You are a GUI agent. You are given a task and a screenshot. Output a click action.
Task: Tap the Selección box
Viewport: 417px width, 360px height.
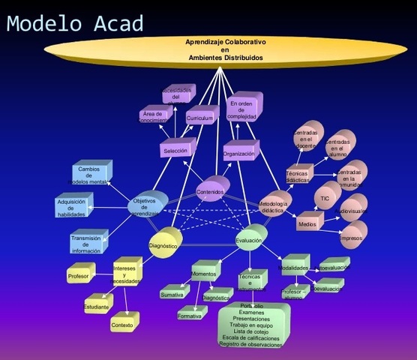174,151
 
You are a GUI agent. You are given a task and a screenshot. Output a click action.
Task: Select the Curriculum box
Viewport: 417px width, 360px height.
201,118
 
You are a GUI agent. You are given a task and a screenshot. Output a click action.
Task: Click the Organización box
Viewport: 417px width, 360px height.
239,154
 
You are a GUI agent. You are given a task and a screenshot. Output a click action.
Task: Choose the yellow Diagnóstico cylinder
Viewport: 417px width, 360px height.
163,245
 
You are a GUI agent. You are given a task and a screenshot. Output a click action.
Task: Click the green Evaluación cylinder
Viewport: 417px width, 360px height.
248,241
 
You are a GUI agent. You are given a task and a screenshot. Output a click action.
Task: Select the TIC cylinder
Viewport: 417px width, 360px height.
325,199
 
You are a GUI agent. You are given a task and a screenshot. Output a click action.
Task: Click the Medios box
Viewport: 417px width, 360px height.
307,223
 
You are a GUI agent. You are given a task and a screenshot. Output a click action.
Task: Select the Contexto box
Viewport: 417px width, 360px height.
121,325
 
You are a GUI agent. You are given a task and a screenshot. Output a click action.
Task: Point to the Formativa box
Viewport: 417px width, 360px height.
189,316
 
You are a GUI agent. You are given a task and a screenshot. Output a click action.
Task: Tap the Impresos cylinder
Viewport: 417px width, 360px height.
352,238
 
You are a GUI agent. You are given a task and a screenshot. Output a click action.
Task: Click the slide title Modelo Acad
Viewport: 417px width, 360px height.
74,23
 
